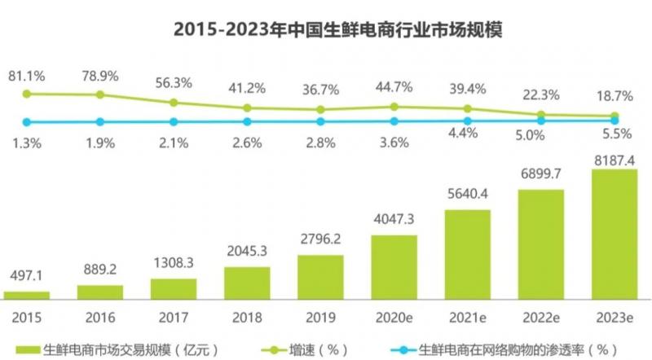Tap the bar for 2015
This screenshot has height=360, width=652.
tap(27, 294)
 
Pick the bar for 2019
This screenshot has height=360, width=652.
tap(320, 277)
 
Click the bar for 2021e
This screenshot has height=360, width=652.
tap(467, 254)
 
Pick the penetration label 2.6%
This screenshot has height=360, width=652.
tap(247, 143)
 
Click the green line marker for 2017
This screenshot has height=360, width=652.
tap(174, 103)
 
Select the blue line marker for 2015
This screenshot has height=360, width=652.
tap(27, 122)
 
